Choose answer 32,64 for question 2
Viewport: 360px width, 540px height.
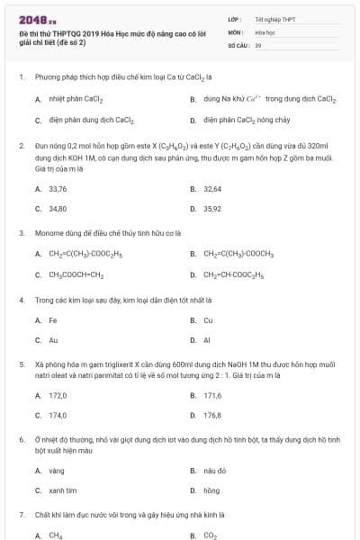(212, 189)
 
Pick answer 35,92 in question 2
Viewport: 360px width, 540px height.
(212, 209)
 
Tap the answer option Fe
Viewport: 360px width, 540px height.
(53, 320)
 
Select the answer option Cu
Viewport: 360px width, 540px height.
(208, 320)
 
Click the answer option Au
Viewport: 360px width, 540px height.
(53, 340)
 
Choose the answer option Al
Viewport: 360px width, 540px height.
(206, 340)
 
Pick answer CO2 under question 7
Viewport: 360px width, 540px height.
(210, 535)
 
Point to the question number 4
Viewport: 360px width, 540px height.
(21, 300)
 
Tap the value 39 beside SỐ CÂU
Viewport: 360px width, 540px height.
(258, 44)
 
